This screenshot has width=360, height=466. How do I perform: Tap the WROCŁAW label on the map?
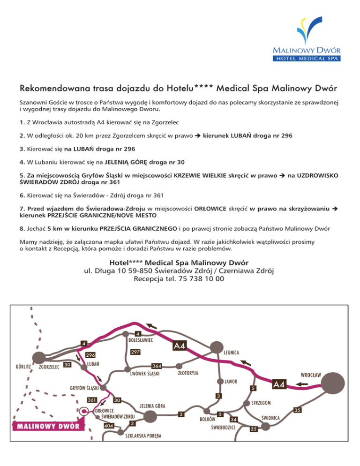coord(311,375)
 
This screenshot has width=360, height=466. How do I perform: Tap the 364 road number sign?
coord(157,366)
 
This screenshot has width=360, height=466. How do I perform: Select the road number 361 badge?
coord(92,400)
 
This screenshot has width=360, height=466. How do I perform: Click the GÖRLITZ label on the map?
coord(22,366)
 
